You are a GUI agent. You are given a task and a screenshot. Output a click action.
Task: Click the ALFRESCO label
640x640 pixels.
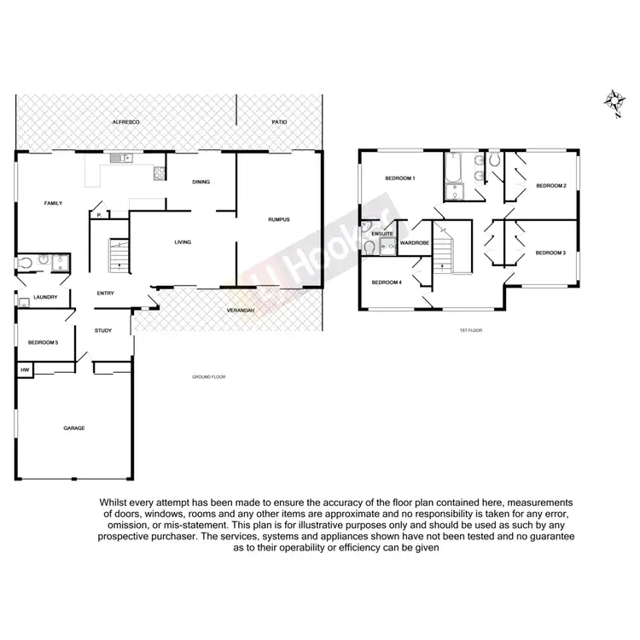click(125, 123)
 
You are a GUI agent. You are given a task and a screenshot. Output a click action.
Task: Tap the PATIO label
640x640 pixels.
click(280, 123)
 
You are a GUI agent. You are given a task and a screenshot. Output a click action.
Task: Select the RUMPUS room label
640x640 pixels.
click(279, 219)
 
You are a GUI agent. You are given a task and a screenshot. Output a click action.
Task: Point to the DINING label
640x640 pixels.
click(201, 182)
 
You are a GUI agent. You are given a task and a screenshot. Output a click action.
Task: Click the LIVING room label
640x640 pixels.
click(183, 242)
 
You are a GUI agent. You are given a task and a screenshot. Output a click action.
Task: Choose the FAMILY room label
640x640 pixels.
click(53, 203)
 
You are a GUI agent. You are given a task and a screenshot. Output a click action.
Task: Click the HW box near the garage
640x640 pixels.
click(24, 370)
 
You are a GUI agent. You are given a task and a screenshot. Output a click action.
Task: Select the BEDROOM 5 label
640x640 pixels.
click(42, 342)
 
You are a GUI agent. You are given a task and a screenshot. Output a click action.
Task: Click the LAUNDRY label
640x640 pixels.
click(45, 297)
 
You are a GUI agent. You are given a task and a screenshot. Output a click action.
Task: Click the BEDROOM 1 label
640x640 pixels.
click(399, 177)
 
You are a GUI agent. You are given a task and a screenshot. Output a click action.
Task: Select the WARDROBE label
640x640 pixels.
click(413, 241)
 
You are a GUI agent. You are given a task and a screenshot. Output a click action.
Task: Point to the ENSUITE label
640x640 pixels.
click(381, 232)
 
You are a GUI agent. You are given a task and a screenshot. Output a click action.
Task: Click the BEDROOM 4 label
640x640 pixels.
click(387, 282)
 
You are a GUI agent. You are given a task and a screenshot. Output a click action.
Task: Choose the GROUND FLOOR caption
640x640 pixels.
click(207, 375)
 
